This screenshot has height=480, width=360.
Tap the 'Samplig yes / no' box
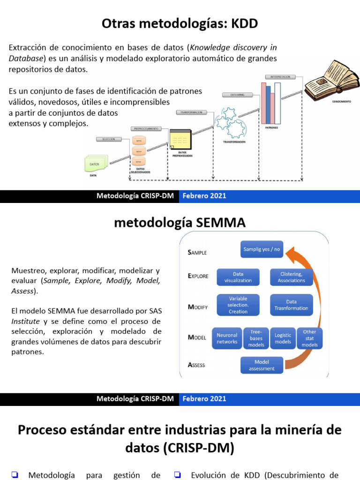262,249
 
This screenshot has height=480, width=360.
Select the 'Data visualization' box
238,277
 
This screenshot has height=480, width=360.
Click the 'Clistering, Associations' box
292,277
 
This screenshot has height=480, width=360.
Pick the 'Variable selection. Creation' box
238,305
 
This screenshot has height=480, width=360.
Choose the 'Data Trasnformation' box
292,305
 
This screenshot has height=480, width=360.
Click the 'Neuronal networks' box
227,338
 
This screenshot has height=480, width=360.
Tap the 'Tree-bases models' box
256,338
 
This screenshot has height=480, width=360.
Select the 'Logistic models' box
283,338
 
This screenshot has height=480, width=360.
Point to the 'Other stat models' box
310,338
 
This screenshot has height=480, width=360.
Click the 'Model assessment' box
262,365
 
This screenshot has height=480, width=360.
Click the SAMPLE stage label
197,252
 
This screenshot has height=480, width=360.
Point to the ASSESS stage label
196,365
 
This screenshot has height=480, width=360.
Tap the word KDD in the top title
245,23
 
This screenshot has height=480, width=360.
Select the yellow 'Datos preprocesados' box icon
180,139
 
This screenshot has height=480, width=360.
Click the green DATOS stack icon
95,164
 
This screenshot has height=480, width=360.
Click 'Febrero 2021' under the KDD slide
204,196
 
